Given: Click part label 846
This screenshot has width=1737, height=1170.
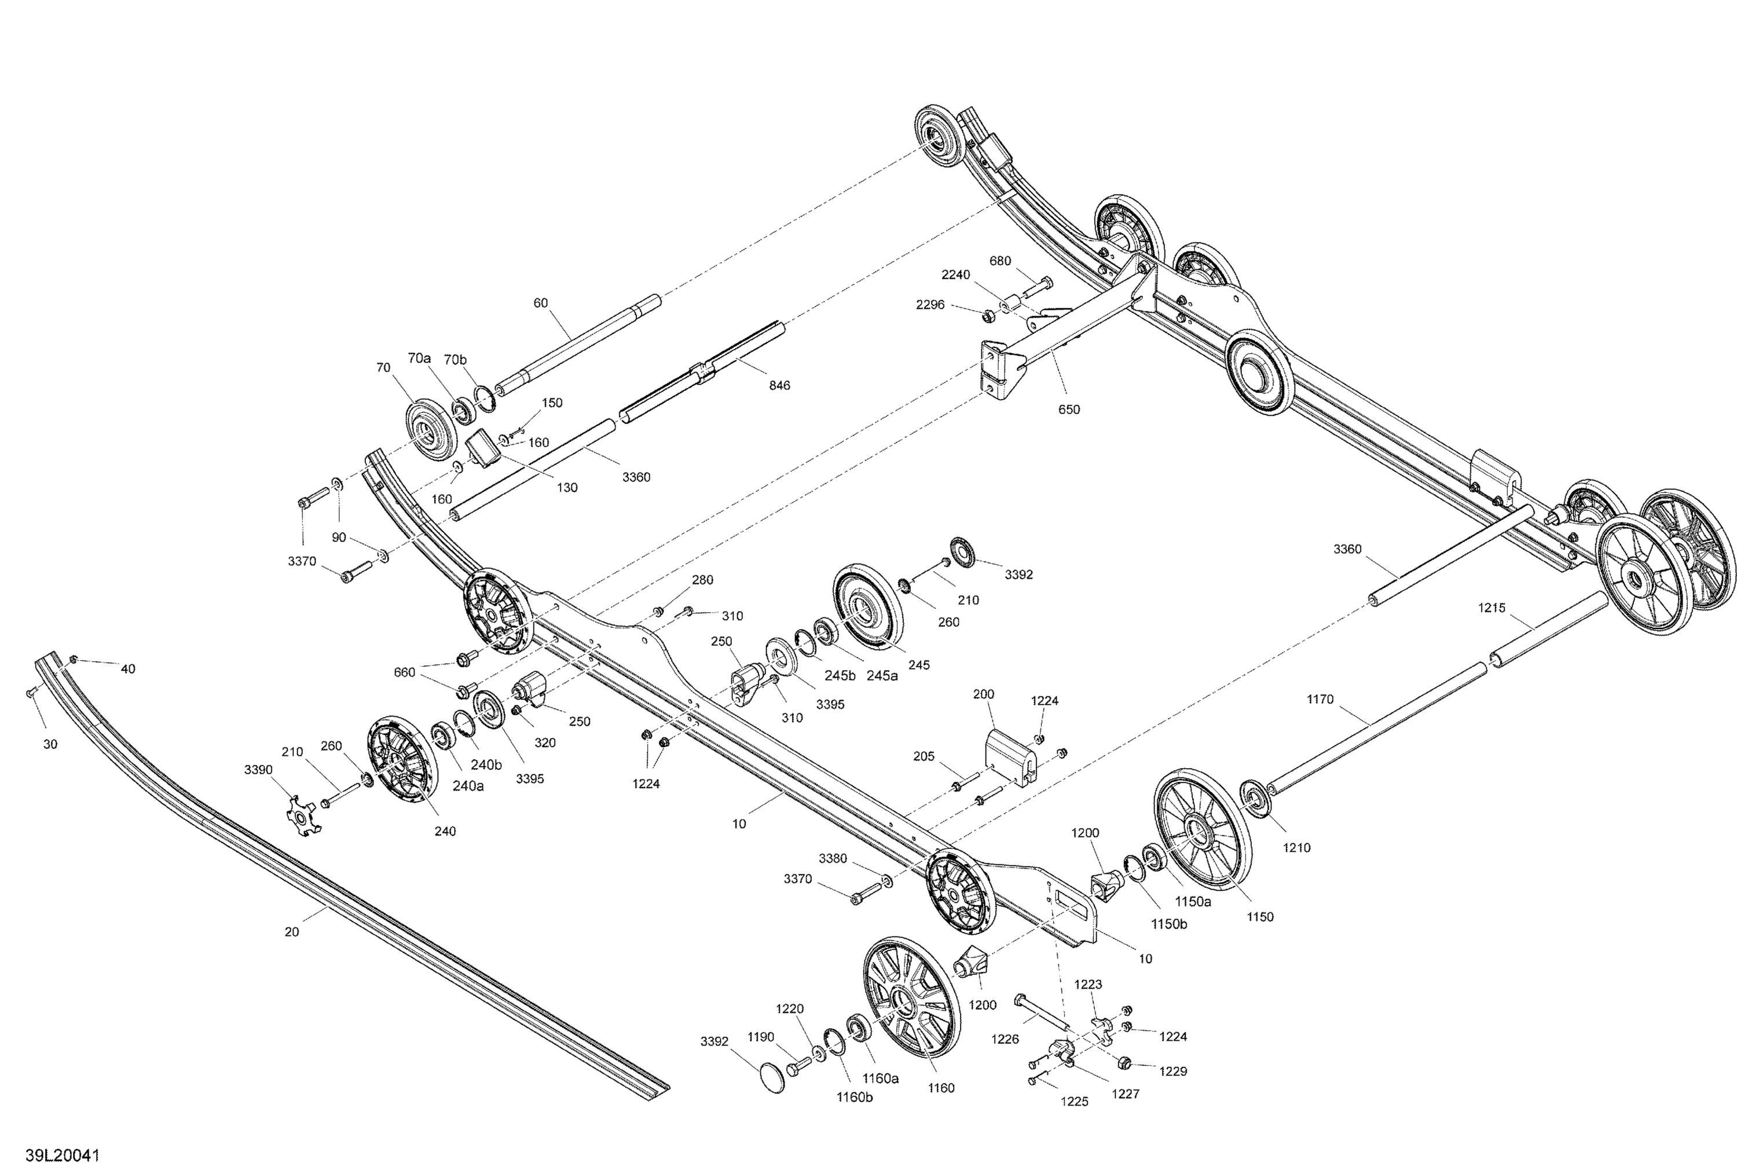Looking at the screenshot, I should [779, 385].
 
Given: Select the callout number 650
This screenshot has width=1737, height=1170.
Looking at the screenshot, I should [1068, 409].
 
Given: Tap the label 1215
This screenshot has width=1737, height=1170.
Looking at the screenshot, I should [1492, 608].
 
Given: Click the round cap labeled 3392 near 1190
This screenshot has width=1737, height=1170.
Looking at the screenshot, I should [772, 1079].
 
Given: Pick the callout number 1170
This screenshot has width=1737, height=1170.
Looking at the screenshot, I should [1320, 699].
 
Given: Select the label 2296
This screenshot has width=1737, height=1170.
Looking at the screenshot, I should [930, 305].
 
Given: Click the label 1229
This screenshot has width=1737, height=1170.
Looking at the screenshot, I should [1173, 1071].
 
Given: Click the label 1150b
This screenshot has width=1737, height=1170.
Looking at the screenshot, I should [1168, 924].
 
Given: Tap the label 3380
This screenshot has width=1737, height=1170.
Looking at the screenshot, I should [833, 858].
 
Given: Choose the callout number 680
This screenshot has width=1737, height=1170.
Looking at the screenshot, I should [1000, 261].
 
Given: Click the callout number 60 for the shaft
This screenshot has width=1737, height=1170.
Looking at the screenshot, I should [540, 302].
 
